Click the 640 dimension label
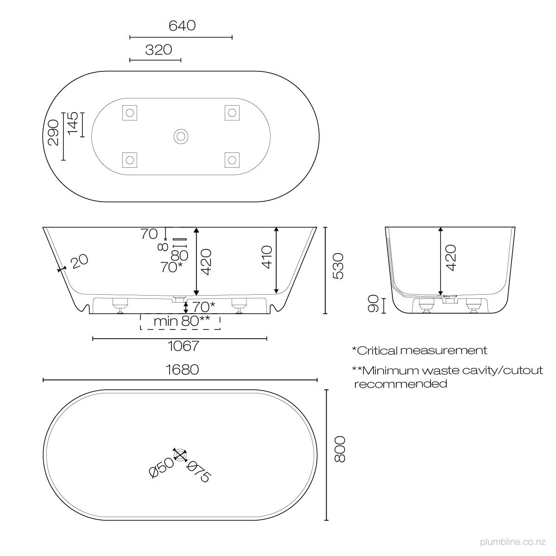tap(182, 25)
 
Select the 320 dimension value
tap(158, 50)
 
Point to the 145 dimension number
tap(72, 124)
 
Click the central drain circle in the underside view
tap(180, 136)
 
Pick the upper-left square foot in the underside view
tap(129, 112)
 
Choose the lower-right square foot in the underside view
tap(232, 160)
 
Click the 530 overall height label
tap(338, 266)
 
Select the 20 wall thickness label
tap(79, 262)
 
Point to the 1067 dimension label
tap(184, 346)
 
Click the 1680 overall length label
tap(182, 370)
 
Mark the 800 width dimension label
tap(340, 449)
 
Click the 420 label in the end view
tap(451, 257)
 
